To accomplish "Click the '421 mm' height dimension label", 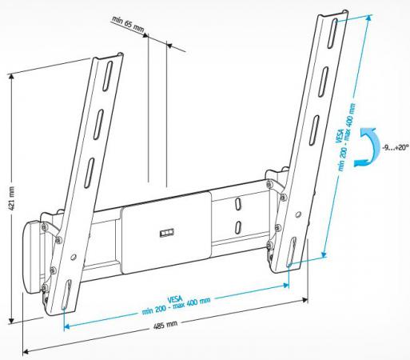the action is coord(11,198).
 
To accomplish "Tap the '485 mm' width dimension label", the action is coord(165,326).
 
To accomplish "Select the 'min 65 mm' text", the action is coord(128,24).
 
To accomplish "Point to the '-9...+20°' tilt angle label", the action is coord(396,147).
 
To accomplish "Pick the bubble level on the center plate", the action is coord(167,233).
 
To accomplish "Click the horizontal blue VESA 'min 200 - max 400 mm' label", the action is coord(176,305).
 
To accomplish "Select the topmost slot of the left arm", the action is coord(107,76).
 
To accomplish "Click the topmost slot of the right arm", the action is coord(332,34).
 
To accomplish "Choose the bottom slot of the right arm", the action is coord(292,251).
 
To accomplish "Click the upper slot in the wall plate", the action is coord(237,205).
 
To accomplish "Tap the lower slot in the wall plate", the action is coord(238,227).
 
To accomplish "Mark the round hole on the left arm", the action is coord(74,258).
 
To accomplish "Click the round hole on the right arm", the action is coord(298,214).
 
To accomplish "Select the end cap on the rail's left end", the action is coord(32,258).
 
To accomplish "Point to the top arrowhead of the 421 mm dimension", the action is coord(11,77).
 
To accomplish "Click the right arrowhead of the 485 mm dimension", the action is coord(305,300).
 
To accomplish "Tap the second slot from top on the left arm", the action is coord(98,124).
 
